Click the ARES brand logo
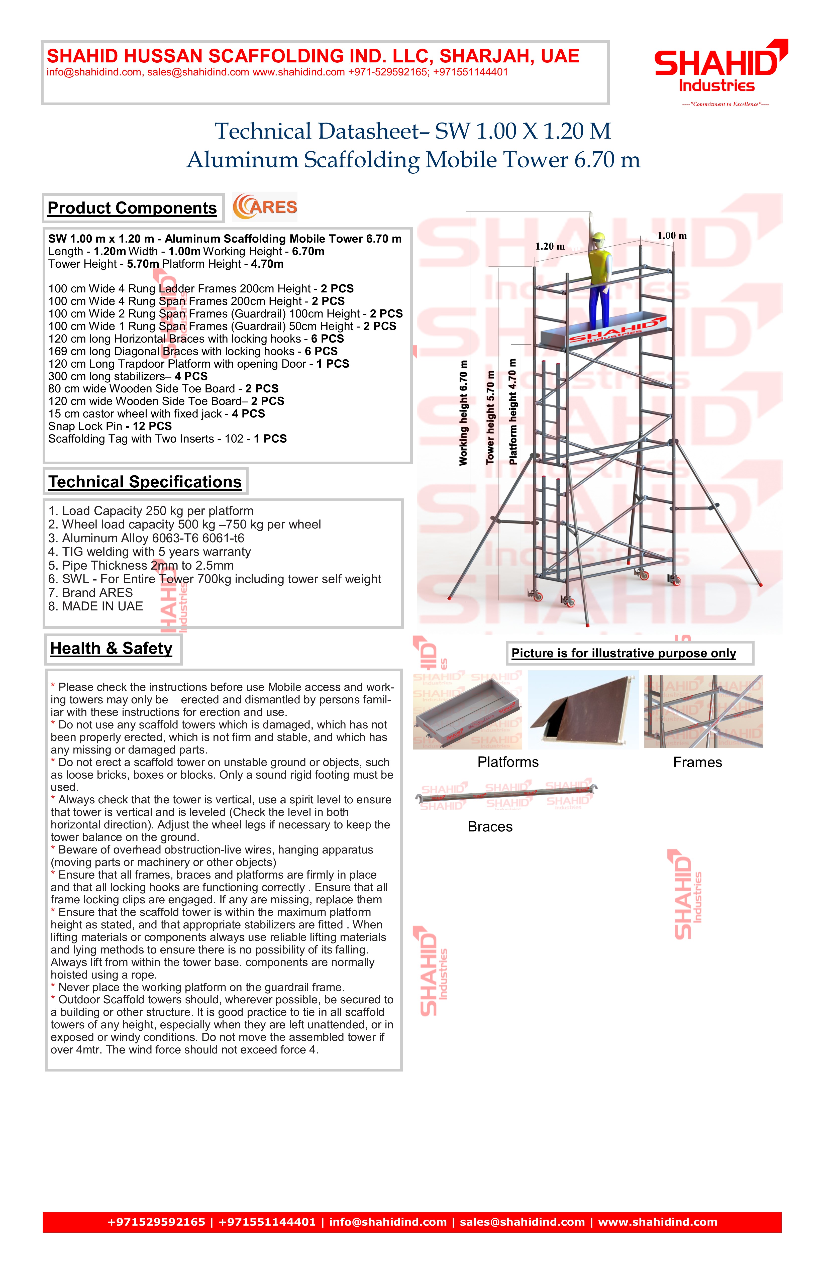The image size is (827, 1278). pyautogui.click(x=265, y=207)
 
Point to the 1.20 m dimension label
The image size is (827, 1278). pyautogui.click(x=550, y=247)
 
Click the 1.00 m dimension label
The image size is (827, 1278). pyautogui.click(x=672, y=236)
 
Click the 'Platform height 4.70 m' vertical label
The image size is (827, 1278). pyautogui.click(x=513, y=411)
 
